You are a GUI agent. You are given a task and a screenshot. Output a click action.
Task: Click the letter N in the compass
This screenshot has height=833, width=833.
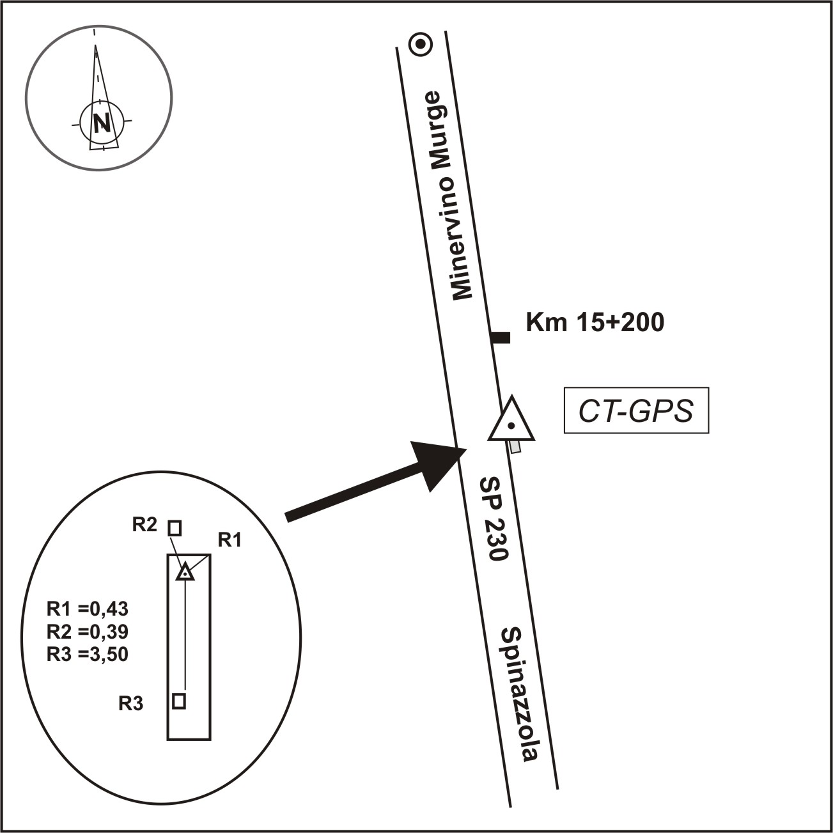pos(100,121)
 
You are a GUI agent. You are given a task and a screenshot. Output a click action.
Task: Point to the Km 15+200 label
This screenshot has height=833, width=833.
pos(595,323)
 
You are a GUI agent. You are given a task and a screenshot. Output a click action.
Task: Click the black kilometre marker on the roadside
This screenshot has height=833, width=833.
pos(501,338)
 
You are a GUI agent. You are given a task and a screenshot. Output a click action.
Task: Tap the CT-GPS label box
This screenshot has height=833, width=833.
pos(636,410)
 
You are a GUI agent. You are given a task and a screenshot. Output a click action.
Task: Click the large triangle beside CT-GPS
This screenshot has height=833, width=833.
pos(511,421)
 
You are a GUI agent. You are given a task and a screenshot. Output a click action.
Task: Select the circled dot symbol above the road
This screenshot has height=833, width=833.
pos(421,44)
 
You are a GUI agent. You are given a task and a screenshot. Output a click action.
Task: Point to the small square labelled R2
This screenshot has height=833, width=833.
pos(175,528)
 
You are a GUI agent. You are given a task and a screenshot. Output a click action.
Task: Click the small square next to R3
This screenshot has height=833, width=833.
pos(180,701)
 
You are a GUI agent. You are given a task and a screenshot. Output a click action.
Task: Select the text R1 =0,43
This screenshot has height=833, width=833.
pos(88,607)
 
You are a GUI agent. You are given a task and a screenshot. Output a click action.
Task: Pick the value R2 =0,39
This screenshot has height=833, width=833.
pos(88,631)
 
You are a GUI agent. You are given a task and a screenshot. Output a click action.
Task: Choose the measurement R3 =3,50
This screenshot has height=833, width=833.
pos(88,654)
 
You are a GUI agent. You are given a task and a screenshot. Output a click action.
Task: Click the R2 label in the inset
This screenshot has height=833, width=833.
pos(144,525)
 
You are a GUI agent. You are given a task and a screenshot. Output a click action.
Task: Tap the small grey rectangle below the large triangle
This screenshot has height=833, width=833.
pos(515,446)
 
